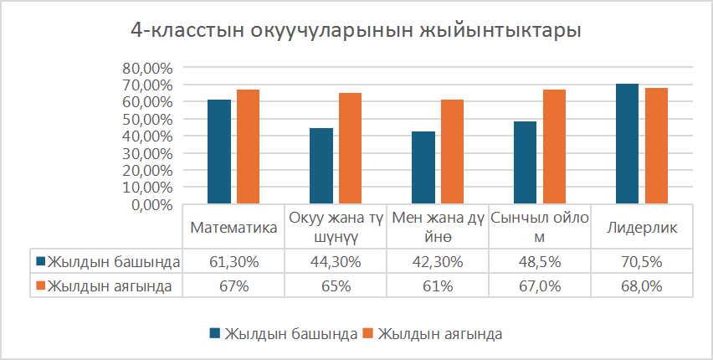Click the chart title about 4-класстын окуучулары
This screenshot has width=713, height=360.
click(356, 31)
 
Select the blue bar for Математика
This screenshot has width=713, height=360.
click(219, 152)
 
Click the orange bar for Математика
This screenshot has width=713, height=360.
click(248, 147)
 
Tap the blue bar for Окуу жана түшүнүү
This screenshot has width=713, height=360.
click(321, 166)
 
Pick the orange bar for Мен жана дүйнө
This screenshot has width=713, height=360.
click(452, 152)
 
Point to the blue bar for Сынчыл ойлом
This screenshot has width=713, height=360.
click(525, 162)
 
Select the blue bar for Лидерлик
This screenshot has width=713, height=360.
click(627, 143)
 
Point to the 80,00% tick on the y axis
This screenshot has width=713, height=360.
click(147, 68)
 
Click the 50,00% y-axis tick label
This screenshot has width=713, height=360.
click(147, 119)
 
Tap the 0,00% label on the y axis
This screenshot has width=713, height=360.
click(151, 204)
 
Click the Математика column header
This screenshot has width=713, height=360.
click(233, 228)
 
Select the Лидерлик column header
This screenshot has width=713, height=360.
click(643, 228)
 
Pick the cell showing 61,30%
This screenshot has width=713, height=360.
click(233, 262)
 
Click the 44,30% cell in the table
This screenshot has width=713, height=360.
click(336, 262)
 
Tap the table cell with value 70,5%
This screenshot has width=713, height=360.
click(643, 262)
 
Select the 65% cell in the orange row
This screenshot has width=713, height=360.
click(336, 286)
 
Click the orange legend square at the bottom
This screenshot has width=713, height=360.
click(368, 333)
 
